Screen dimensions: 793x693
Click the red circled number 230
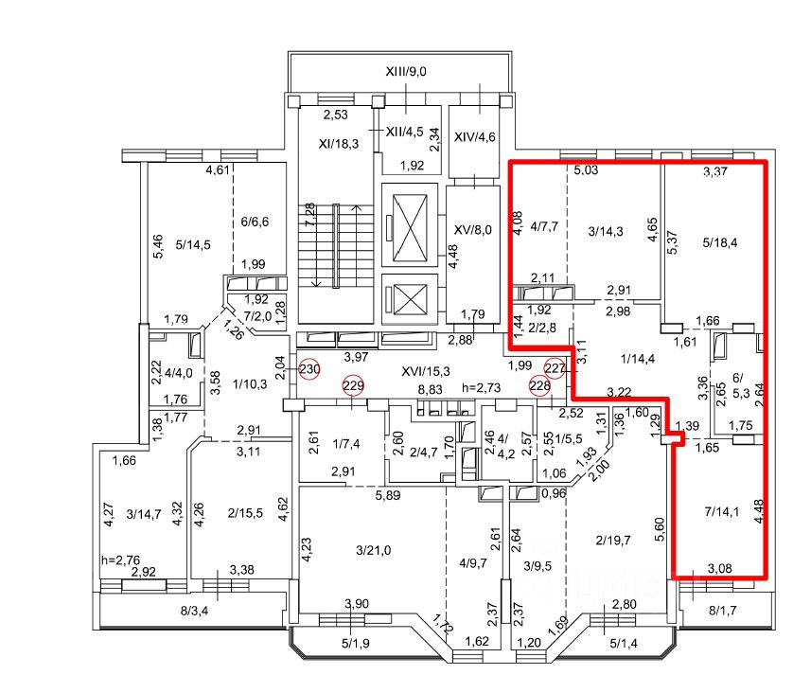click(x=309, y=369)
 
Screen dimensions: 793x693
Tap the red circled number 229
click(x=353, y=385)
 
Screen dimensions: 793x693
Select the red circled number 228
click(x=539, y=386)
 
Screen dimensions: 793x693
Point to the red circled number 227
click(x=555, y=367)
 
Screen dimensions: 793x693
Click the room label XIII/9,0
click(x=406, y=72)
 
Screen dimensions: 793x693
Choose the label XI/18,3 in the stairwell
click(x=339, y=144)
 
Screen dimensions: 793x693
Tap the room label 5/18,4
click(x=720, y=242)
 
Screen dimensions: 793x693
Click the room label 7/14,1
click(x=721, y=512)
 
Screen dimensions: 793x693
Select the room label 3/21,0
click(x=373, y=550)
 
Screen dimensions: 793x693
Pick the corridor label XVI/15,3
click(x=425, y=372)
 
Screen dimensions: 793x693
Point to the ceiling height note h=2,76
click(x=120, y=560)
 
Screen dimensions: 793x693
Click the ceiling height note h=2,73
click(x=481, y=388)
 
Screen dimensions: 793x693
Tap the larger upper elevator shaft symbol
click(x=410, y=225)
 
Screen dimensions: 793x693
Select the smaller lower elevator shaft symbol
click(x=410, y=299)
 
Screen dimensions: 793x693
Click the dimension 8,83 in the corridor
click(x=430, y=389)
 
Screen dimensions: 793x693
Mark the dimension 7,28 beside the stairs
click(x=309, y=214)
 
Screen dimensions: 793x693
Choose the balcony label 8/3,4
click(x=194, y=611)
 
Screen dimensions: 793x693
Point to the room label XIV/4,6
click(x=474, y=137)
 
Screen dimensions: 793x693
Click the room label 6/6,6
click(x=255, y=222)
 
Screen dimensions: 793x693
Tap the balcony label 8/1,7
click(x=722, y=611)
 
